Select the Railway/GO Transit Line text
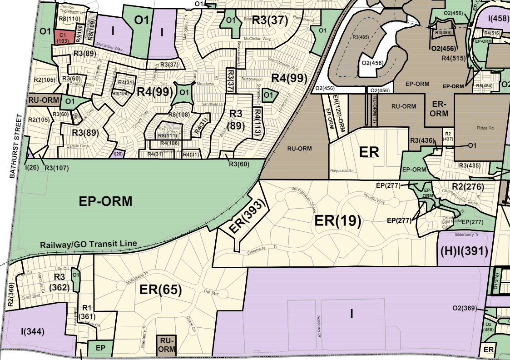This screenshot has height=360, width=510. (88, 244)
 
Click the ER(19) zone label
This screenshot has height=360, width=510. (338, 221)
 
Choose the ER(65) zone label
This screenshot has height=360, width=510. (160, 290)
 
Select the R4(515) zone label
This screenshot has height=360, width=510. (455, 58)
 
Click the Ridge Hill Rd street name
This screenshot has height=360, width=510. (342, 171)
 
